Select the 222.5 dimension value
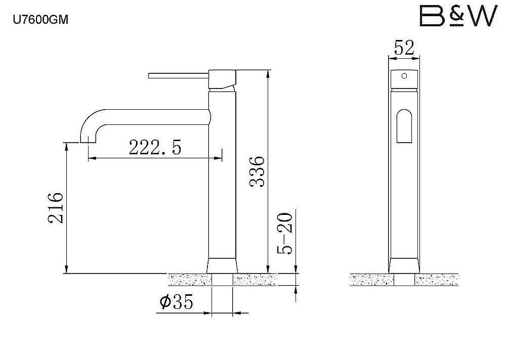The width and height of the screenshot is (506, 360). [x=155, y=147]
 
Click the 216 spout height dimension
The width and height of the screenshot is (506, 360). [x=55, y=208]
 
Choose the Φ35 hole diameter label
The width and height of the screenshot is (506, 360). [x=176, y=302]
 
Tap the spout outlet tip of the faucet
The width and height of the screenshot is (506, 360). [x=88, y=139]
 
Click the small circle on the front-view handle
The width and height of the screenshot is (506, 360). [x=404, y=76]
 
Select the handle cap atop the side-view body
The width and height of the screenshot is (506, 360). [x=223, y=79]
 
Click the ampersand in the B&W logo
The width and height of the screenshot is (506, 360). [x=457, y=16]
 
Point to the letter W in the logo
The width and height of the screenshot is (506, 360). [x=480, y=17]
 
